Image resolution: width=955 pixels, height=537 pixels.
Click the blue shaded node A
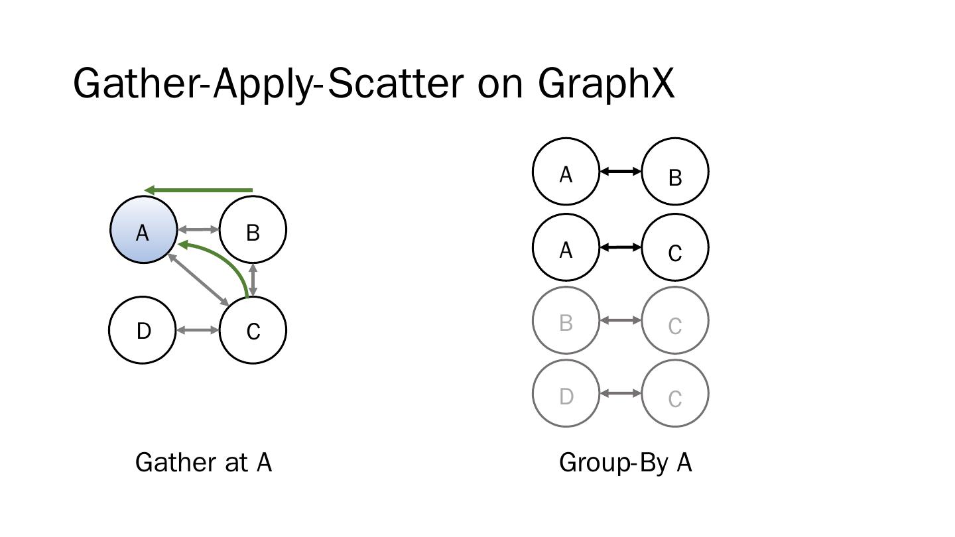coord(143,230)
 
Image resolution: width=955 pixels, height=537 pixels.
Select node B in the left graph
coord(253,230)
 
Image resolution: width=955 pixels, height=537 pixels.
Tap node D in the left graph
coord(143,330)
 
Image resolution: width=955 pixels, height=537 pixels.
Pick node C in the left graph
coord(253,330)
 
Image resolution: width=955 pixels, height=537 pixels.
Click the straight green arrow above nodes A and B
coord(198,190)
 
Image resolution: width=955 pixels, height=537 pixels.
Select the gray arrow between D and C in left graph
coord(198,330)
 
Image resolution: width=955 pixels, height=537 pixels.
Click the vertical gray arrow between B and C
coord(253,280)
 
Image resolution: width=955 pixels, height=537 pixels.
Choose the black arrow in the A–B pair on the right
coord(620,172)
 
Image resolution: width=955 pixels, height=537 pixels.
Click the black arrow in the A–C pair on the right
coord(620,247)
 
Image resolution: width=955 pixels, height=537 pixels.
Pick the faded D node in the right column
coord(566,394)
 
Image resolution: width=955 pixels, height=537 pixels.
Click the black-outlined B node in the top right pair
coord(675,172)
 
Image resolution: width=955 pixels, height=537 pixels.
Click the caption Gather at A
coord(204,463)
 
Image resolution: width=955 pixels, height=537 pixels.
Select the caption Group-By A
coord(625,463)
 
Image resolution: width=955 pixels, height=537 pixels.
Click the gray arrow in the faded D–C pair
coord(620,394)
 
